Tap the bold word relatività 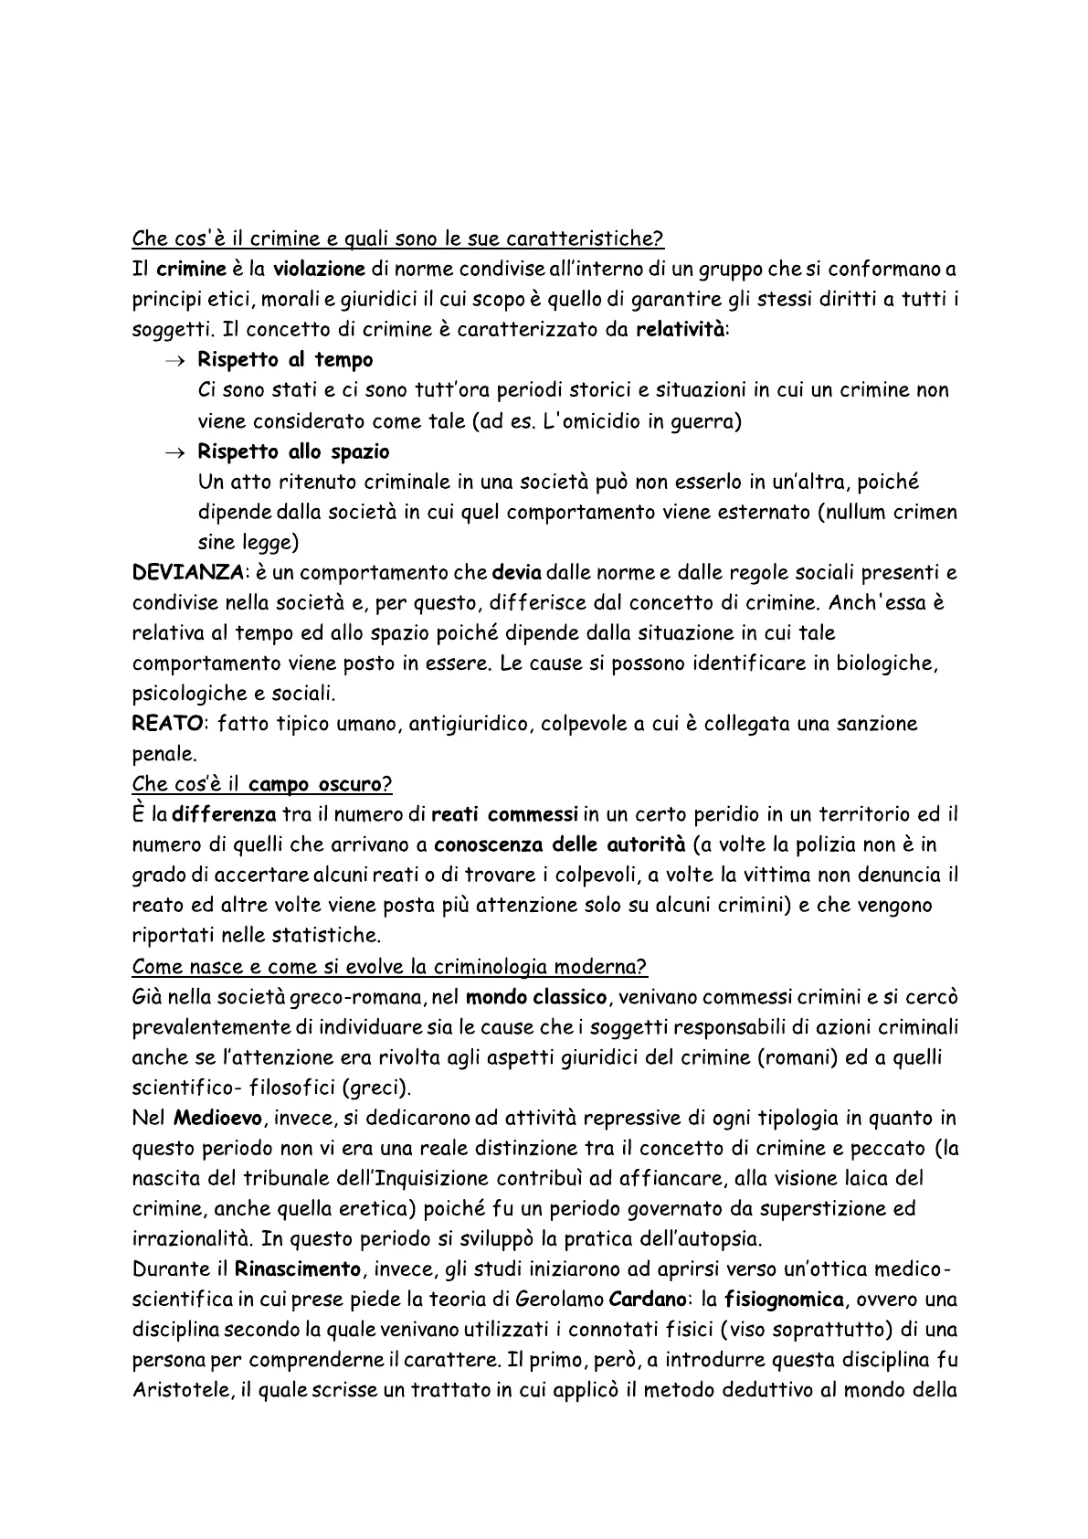coord(681,330)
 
